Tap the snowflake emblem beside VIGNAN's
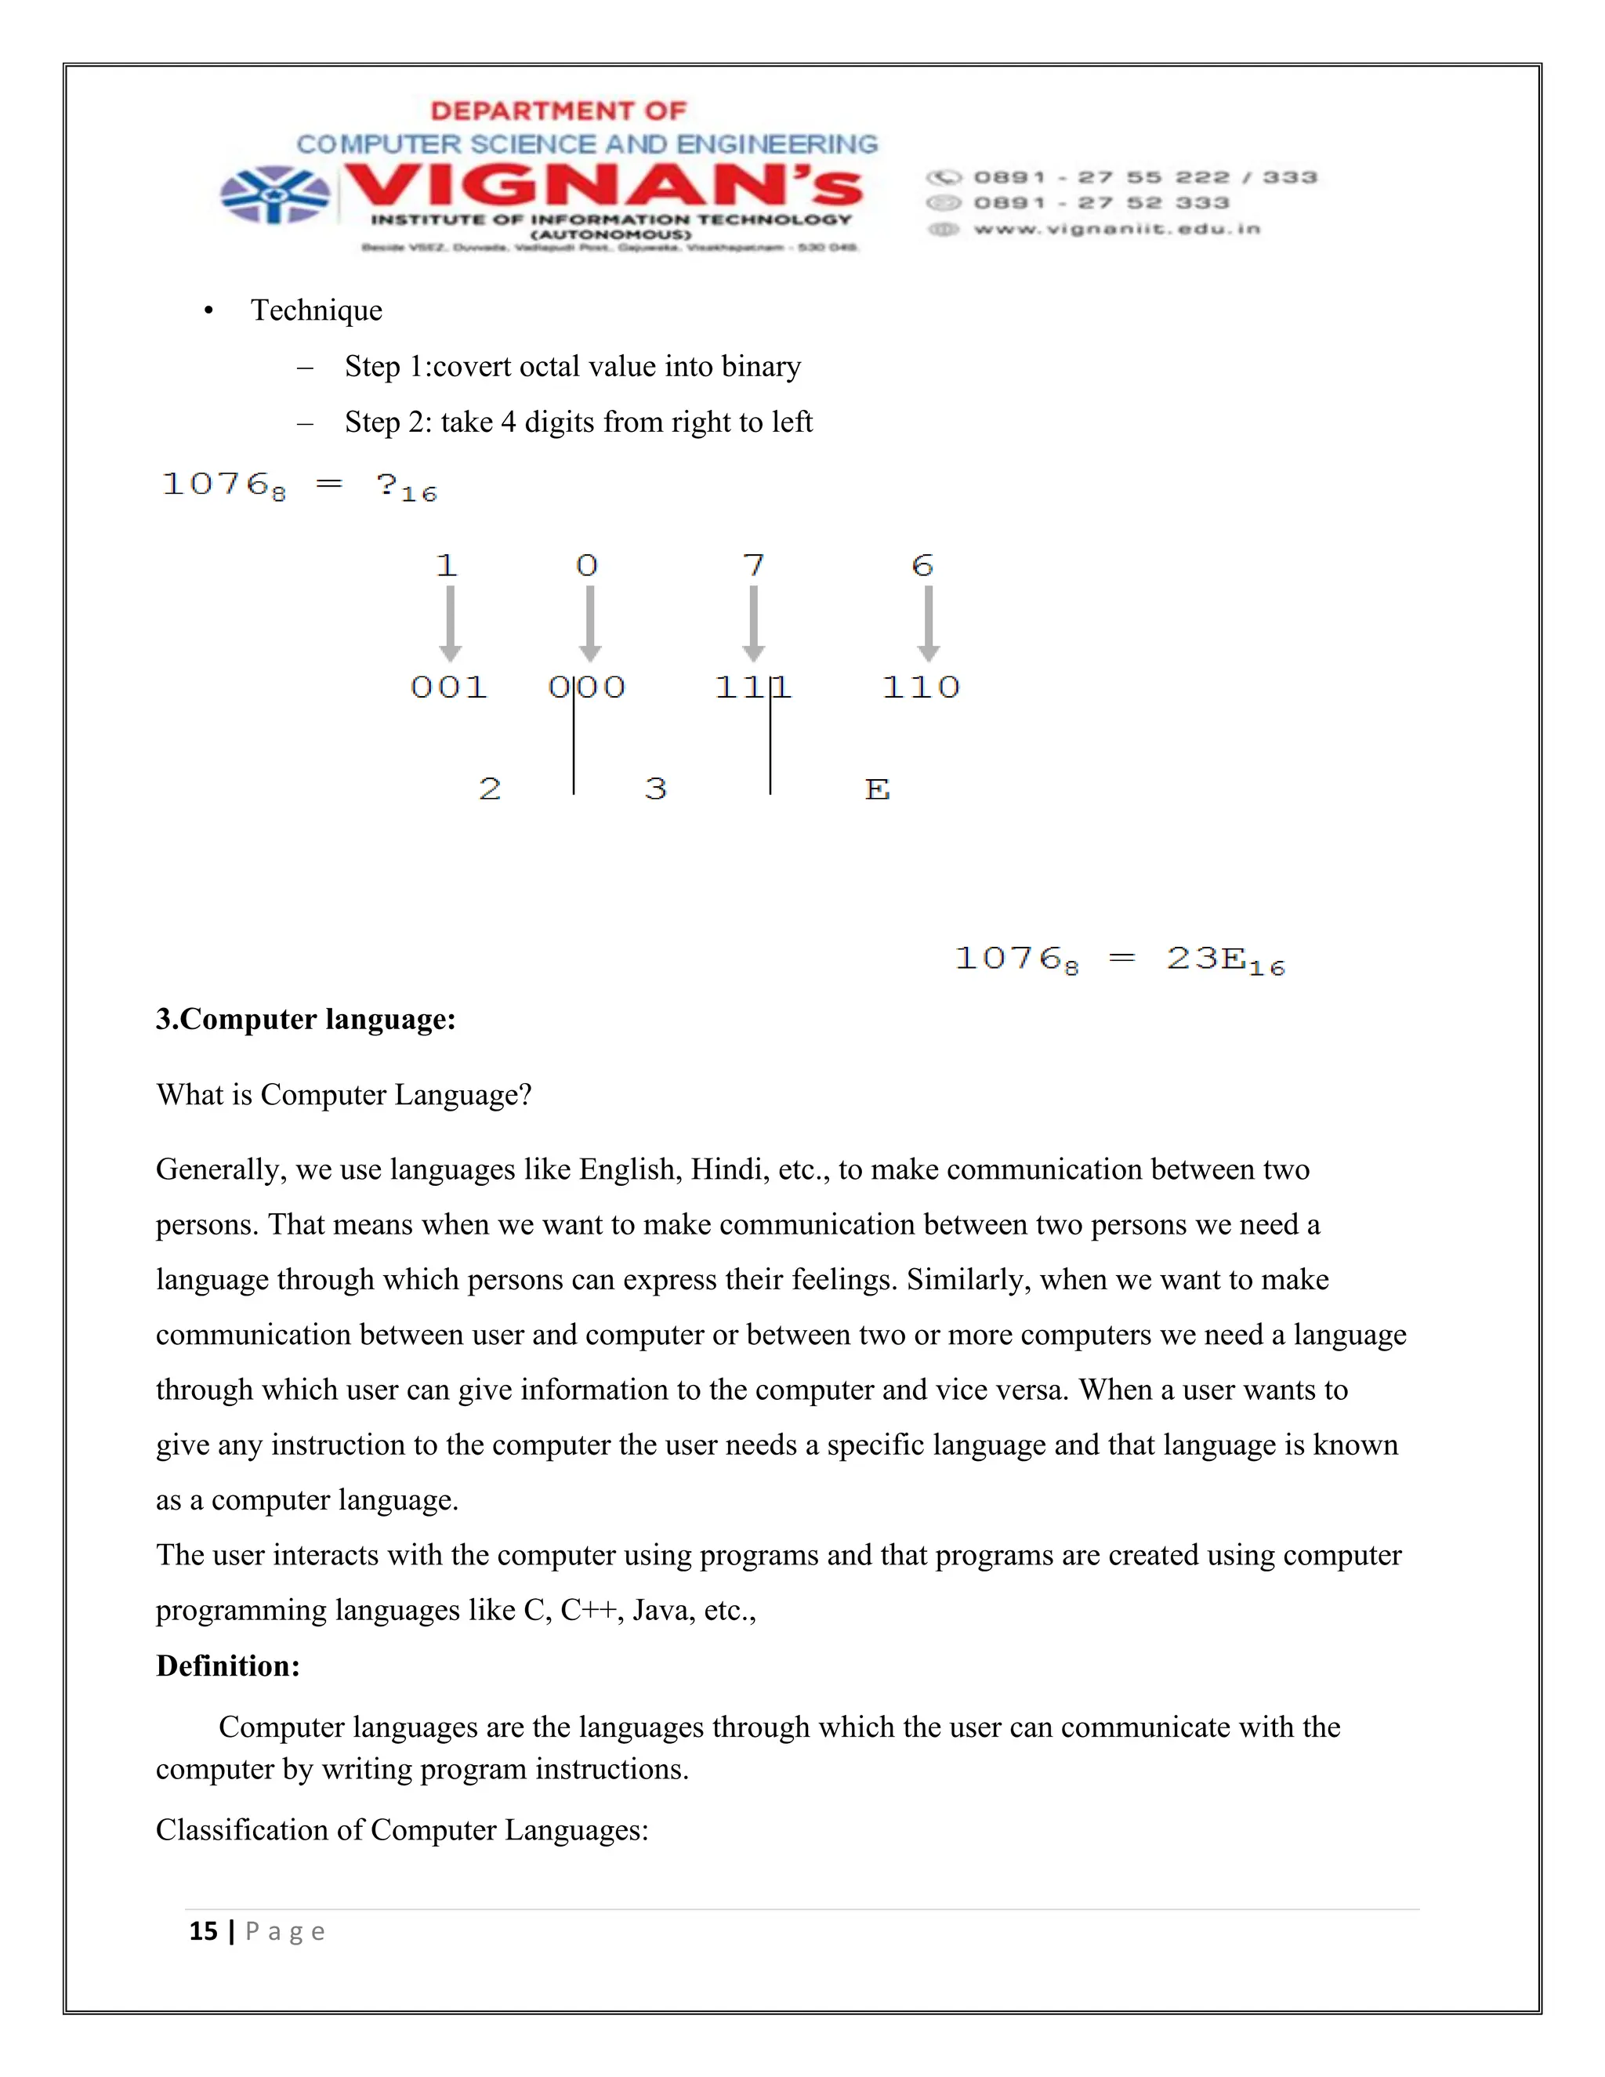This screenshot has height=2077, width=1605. (275, 195)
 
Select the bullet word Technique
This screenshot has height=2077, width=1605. (316, 310)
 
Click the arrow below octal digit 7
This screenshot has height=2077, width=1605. (753, 623)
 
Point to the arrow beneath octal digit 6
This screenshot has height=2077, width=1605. (928, 623)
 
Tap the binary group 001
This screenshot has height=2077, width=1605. (449, 687)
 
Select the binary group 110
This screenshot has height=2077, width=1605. (920, 687)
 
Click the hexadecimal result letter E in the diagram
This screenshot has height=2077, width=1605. (877, 789)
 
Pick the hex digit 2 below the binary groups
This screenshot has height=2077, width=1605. (490, 788)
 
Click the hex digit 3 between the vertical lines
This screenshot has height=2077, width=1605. (655, 788)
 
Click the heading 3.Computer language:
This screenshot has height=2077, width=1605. (305, 1020)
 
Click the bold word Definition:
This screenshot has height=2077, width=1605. (227, 1666)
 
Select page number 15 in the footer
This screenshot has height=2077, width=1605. (204, 1931)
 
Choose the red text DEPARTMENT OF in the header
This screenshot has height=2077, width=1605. (558, 111)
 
